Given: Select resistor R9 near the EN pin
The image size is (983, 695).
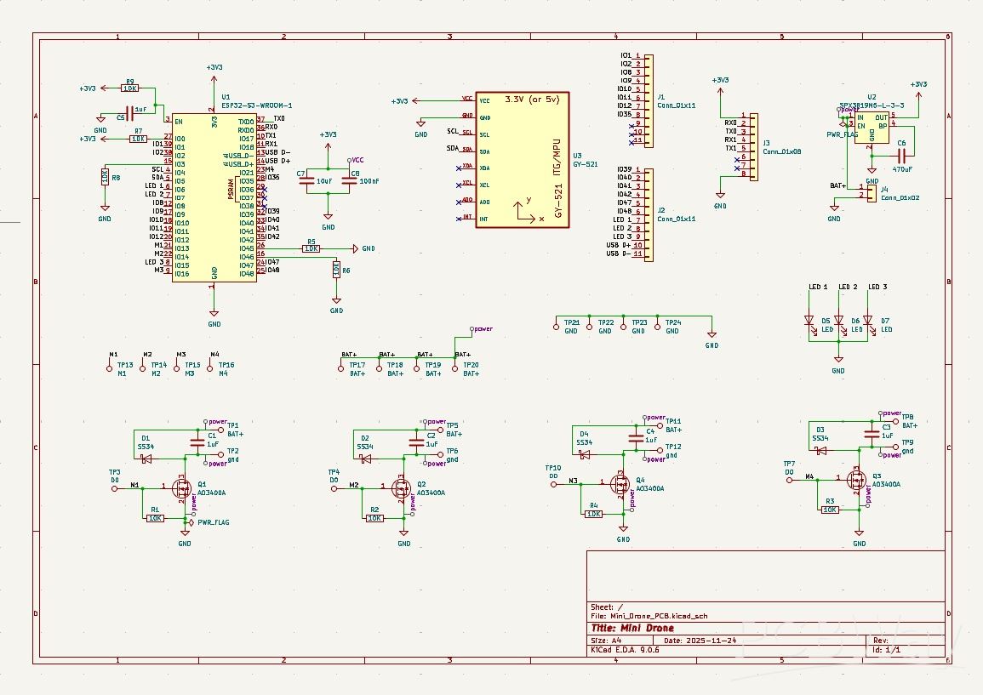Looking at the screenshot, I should [x=130, y=88].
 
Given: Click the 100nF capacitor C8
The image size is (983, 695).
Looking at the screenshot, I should [x=347, y=181].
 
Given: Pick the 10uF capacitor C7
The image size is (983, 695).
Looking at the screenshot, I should [x=309, y=181].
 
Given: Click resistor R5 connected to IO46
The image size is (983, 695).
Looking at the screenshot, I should [x=311, y=248].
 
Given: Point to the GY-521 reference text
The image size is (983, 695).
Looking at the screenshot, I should [x=585, y=163].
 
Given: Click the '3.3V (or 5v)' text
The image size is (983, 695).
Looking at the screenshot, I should [x=531, y=100].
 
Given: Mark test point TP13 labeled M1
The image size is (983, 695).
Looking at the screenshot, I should [x=109, y=368].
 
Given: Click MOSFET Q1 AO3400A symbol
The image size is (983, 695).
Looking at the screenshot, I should [x=180, y=487].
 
